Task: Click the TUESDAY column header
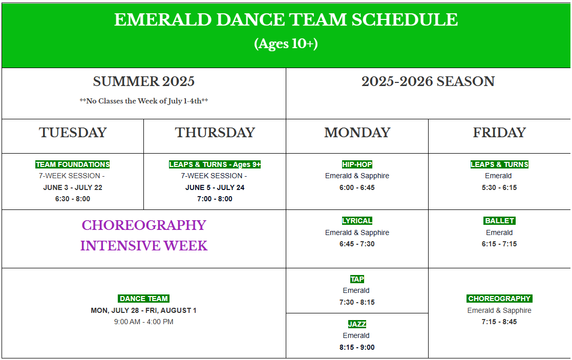(73, 133)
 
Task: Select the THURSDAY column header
(215, 133)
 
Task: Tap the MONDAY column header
(357, 133)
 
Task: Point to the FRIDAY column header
(499, 133)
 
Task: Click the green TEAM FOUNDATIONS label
(73, 164)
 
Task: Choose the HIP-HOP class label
(357, 164)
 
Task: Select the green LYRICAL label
(357, 221)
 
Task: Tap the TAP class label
(357, 279)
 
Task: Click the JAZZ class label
(357, 324)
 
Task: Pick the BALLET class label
(499, 221)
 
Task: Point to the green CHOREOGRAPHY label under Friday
(499, 299)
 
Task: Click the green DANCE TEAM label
(144, 299)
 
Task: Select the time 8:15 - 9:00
(357, 347)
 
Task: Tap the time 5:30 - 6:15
(499, 187)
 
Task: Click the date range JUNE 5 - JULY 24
(215, 187)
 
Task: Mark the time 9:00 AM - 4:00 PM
(144, 322)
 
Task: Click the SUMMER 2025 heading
(144, 81)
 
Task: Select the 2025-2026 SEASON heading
(428, 81)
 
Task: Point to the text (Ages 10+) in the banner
(286, 44)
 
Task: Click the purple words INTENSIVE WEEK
(144, 245)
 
